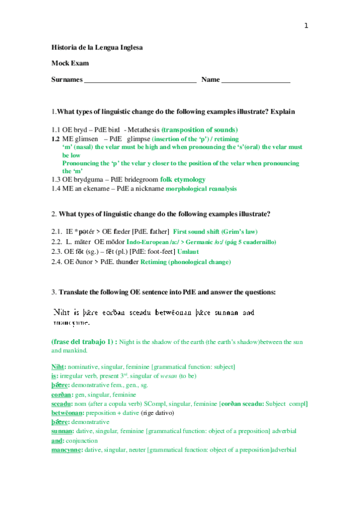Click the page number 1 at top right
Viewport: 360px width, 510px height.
[x=306, y=25]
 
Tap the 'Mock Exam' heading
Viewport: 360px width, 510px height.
[x=70, y=63]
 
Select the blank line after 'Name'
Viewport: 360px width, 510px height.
[x=256, y=80]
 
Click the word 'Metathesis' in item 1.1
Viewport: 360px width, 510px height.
[x=144, y=129]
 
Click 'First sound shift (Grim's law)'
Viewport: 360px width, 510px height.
[x=215, y=231]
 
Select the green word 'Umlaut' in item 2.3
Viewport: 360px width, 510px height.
[x=188, y=251]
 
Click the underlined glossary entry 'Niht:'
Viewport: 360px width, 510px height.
[x=59, y=366]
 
